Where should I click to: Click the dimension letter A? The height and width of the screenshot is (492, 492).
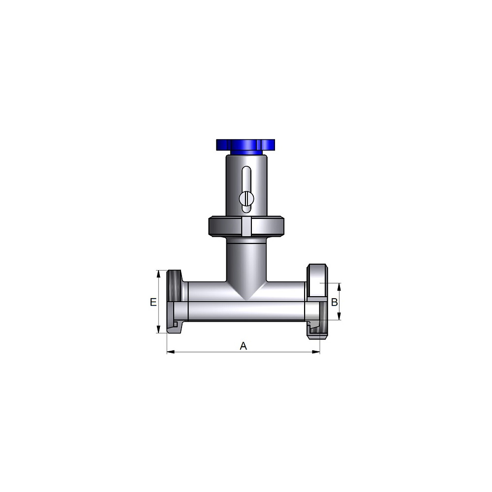click(x=243, y=346)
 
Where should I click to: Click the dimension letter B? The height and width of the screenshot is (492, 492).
click(x=335, y=302)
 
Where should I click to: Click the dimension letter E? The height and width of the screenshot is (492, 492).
click(x=153, y=302)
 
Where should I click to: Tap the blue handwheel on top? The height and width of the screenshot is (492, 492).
click(x=246, y=145)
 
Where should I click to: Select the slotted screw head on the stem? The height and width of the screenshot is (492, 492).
click(x=246, y=198)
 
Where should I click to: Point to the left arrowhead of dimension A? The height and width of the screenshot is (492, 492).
click(x=170, y=352)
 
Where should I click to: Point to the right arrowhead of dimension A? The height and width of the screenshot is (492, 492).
click(x=316, y=352)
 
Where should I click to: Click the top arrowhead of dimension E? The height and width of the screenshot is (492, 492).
click(x=158, y=274)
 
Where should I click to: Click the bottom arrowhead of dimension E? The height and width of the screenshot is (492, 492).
click(x=158, y=330)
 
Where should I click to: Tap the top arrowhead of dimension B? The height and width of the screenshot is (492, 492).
click(x=339, y=287)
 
